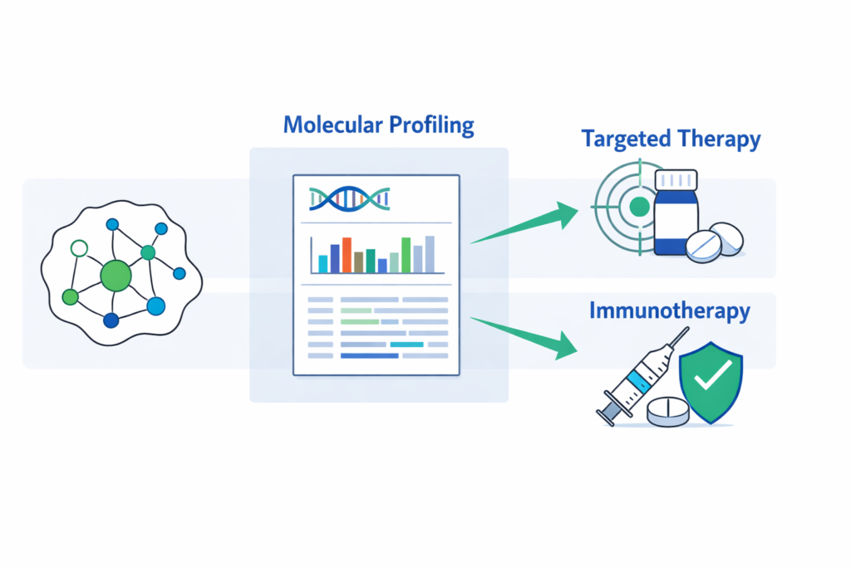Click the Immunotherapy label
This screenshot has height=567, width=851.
[670, 311]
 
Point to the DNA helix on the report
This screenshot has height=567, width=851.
[350, 198]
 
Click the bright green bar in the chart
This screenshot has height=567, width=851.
[406, 255]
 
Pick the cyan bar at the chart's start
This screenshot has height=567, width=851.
[322, 264]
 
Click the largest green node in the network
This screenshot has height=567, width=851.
[116, 275]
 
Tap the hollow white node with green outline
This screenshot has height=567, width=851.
[79, 247]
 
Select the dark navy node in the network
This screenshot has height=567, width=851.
[111, 320]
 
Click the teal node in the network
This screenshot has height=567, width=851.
[148, 252]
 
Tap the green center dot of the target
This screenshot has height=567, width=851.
[638, 206]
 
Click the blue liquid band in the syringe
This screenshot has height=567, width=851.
[637, 379]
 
